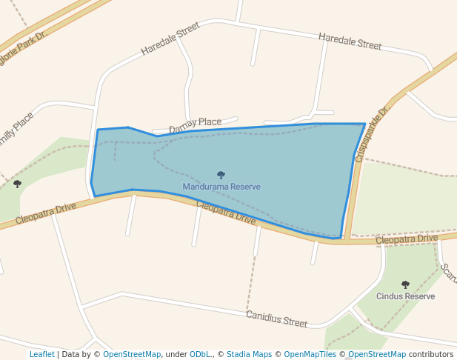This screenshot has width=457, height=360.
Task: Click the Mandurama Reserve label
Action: click(x=221, y=187)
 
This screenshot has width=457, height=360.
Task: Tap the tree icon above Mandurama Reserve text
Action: click(x=221, y=176)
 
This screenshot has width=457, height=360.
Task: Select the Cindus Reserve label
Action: click(x=405, y=296)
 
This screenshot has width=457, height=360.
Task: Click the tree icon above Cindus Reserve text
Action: click(x=405, y=284)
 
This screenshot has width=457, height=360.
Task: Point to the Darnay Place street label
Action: click(x=195, y=126)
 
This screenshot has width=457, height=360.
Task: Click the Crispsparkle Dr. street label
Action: click(x=372, y=133)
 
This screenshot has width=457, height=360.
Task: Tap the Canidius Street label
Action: click(x=276, y=319)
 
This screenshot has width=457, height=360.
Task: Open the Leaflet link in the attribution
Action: click(x=41, y=354)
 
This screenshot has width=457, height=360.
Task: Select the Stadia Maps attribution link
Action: click(x=249, y=354)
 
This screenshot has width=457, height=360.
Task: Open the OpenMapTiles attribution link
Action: click(x=310, y=354)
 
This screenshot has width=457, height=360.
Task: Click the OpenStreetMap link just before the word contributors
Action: click(x=377, y=354)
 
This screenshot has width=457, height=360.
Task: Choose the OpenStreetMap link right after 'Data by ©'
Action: click(x=132, y=354)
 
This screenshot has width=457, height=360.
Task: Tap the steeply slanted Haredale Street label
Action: click(x=170, y=39)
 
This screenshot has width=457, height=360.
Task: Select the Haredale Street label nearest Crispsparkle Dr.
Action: click(x=350, y=41)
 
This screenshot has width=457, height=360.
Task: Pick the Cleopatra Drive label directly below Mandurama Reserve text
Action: click(x=226, y=213)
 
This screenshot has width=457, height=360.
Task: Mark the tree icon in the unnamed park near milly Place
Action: click(x=17, y=184)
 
